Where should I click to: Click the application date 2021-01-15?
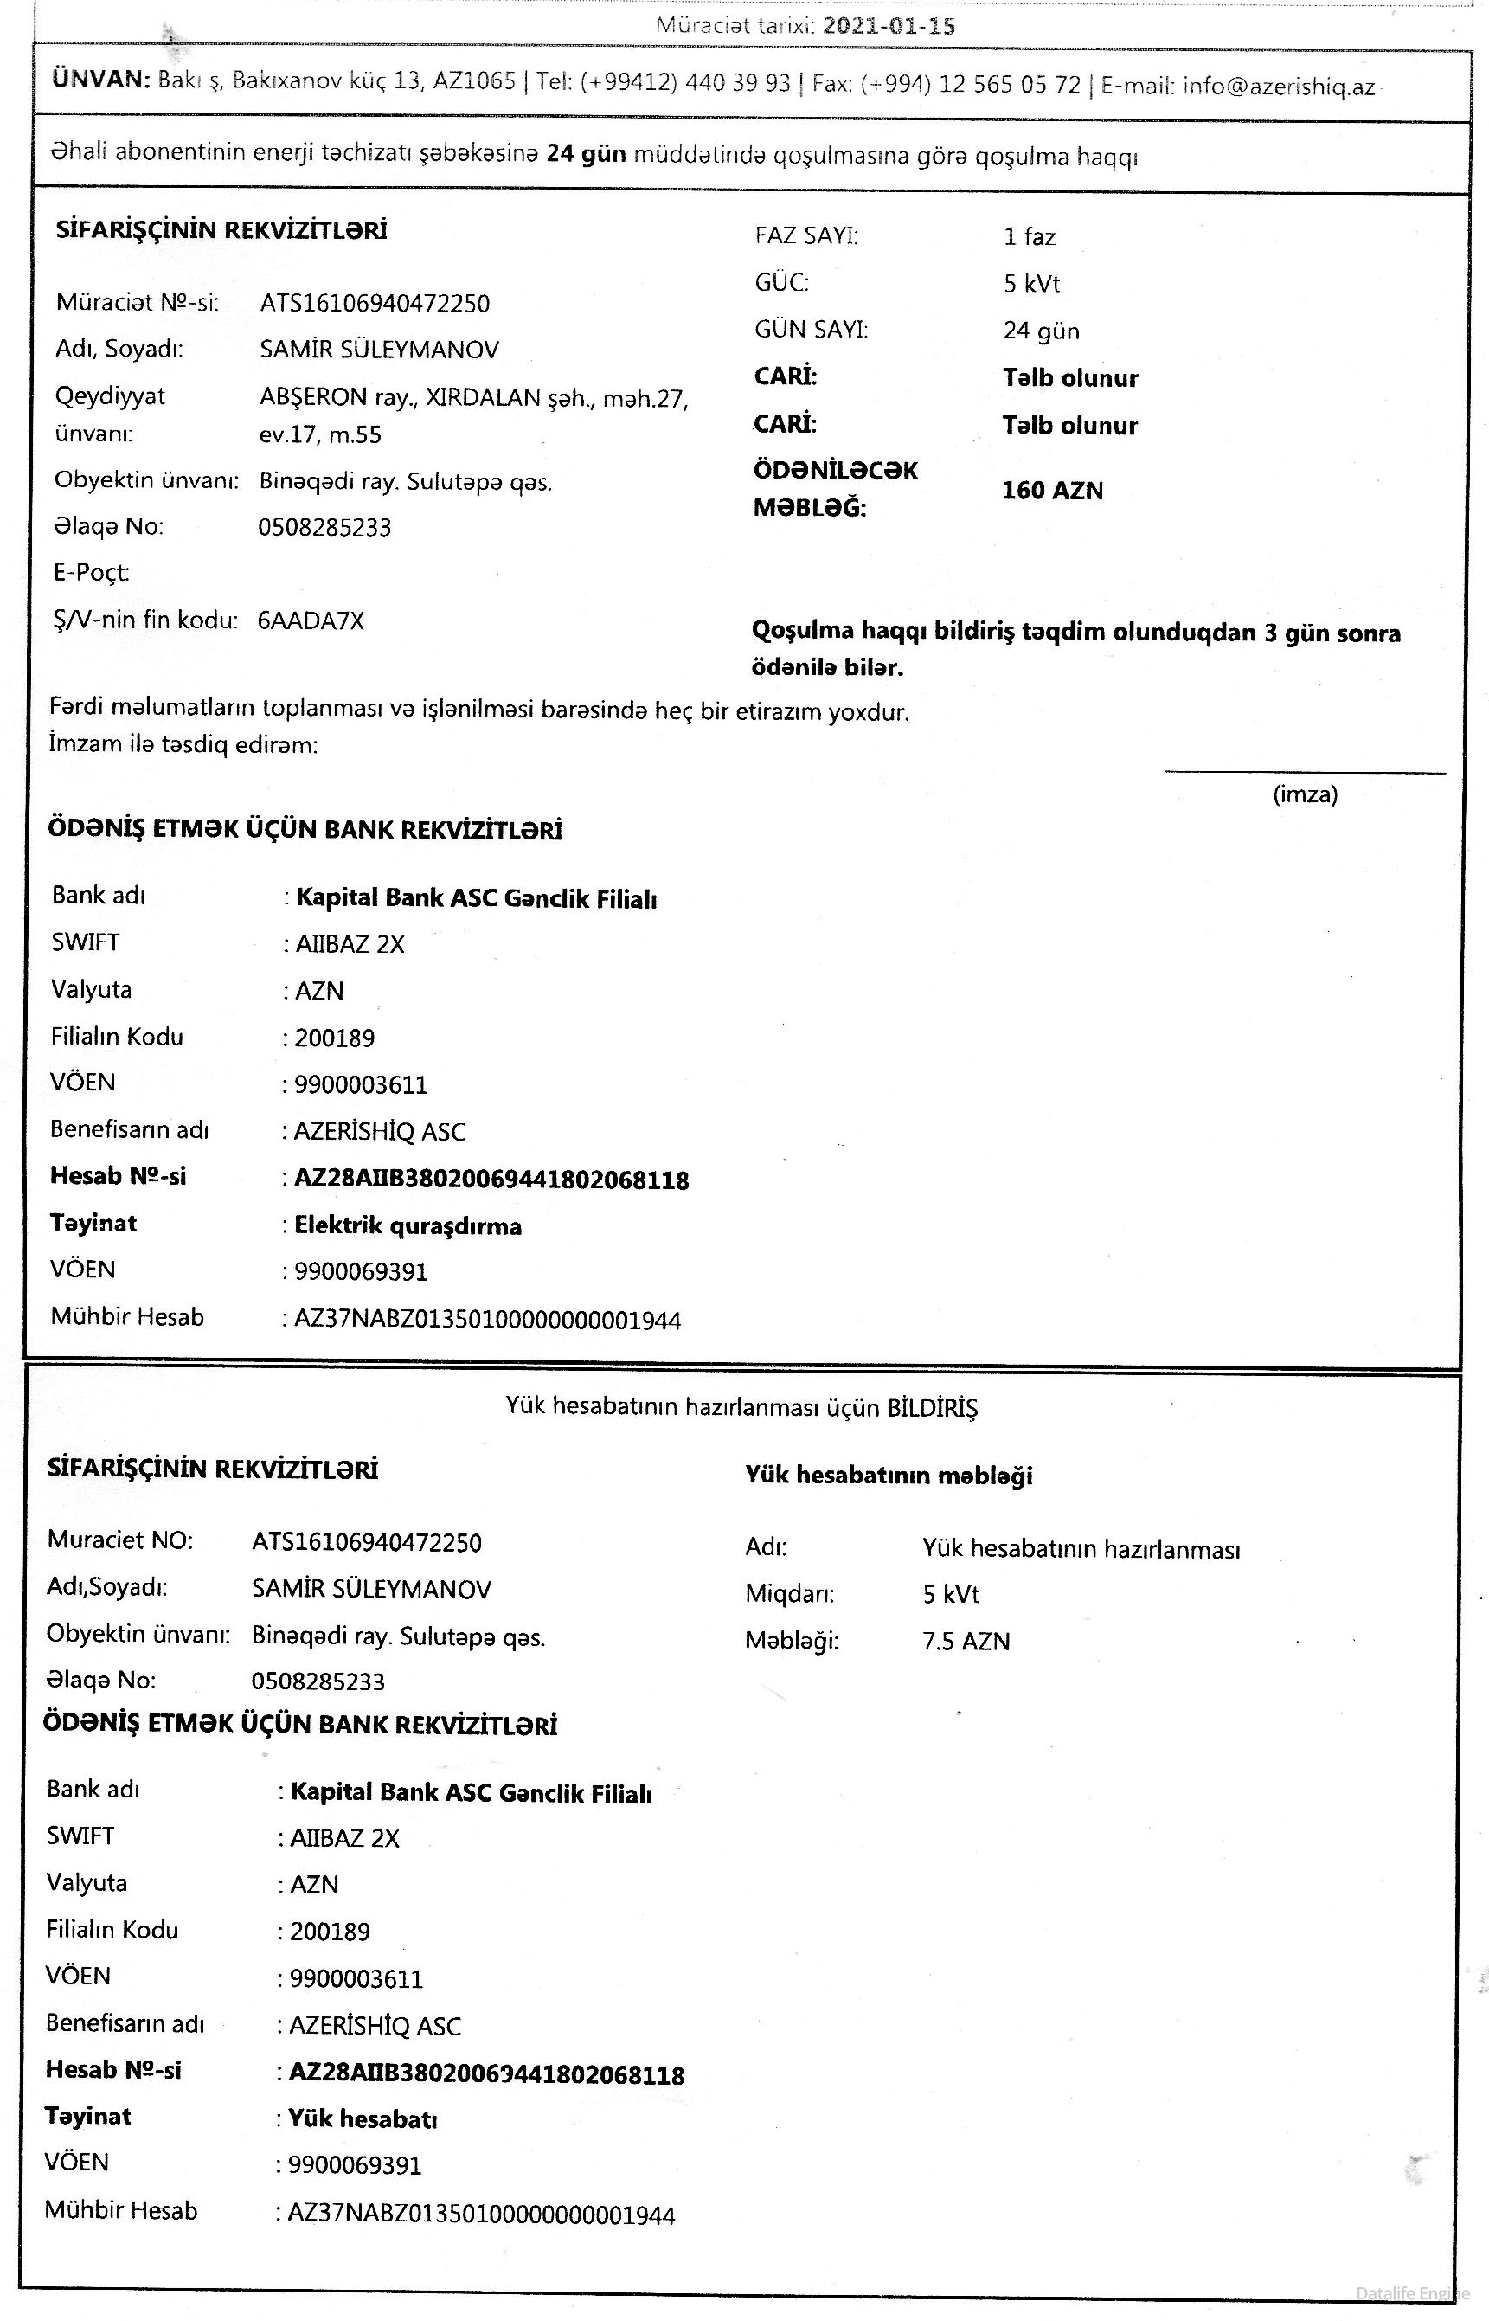[889, 26]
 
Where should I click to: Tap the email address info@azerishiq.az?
[1278, 86]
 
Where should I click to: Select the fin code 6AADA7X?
[311, 620]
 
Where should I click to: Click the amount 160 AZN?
[1052, 491]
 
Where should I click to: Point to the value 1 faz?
[1029, 237]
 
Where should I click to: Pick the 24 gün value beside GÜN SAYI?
[1040, 331]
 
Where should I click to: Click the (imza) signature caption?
[1305, 795]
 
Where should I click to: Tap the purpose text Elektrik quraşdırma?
[408, 1226]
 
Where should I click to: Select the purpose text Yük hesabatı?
[363, 2118]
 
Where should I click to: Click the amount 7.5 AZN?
[965, 1641]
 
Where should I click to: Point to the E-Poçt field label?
[91, 573]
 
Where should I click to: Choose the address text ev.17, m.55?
[320, 435]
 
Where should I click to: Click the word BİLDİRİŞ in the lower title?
[932, 1407]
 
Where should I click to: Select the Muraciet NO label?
[120, 1540]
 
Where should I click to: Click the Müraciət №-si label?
[138, 303]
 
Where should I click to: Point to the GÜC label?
[781, 282]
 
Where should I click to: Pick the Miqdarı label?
[789, 1594]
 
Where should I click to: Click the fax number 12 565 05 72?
[1010, 85]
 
